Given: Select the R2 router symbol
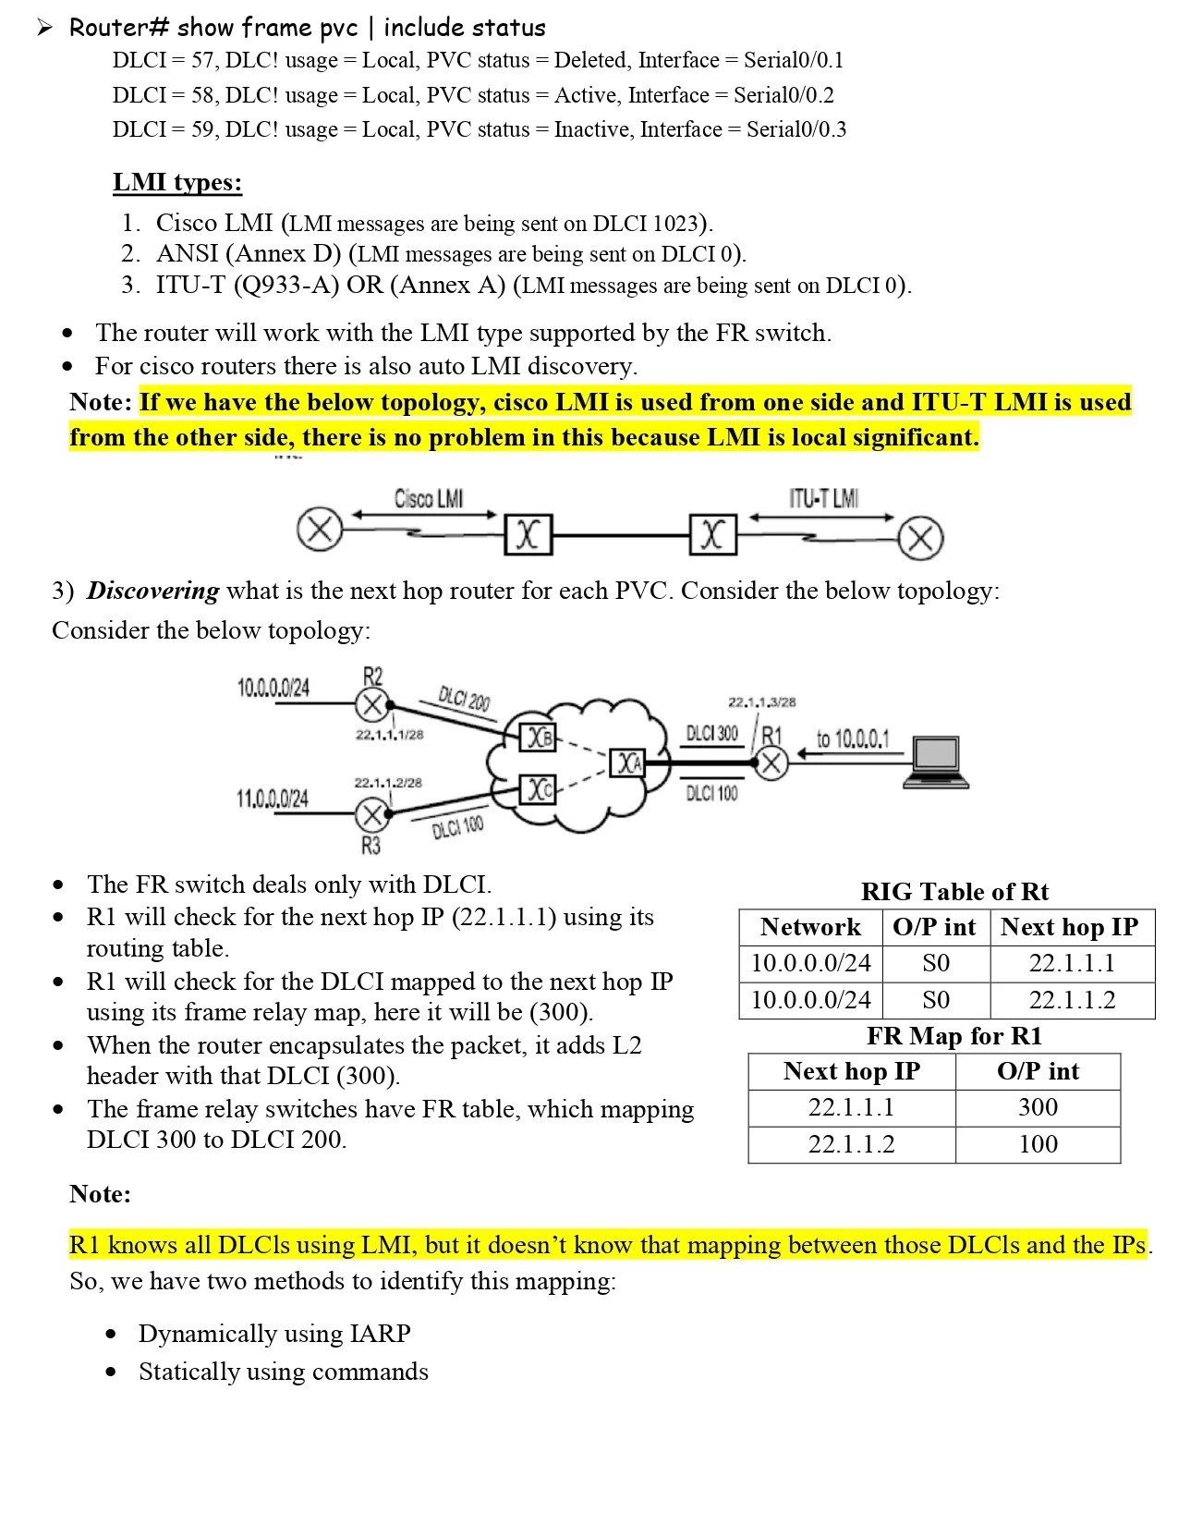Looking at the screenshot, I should coord(371,705).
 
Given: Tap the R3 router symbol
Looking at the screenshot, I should coord(371,814).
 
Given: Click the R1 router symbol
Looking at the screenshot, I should coord(772,762).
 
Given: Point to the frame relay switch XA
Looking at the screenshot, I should coord(629,762).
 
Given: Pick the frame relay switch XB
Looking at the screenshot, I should coord(539,737).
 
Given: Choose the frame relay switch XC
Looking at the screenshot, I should coord(539,789).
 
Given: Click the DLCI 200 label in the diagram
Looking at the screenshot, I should coord(464,700).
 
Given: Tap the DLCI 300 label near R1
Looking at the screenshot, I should coord(711,733).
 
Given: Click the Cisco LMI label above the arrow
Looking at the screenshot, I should coord(429,499).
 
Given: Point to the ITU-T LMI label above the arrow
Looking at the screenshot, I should coord(823,499).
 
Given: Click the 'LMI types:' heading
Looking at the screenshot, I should coord(177,182).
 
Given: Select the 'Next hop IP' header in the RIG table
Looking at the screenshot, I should coord(1070,927).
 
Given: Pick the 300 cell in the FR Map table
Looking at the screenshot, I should coord(1038,1107).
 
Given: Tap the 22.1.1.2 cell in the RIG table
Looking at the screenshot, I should coord(1072,1000).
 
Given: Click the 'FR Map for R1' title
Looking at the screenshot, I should coord(953,1036).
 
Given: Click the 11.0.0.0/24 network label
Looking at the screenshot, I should coord(273,799).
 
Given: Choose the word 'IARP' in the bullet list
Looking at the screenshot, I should coord(380,1334).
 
